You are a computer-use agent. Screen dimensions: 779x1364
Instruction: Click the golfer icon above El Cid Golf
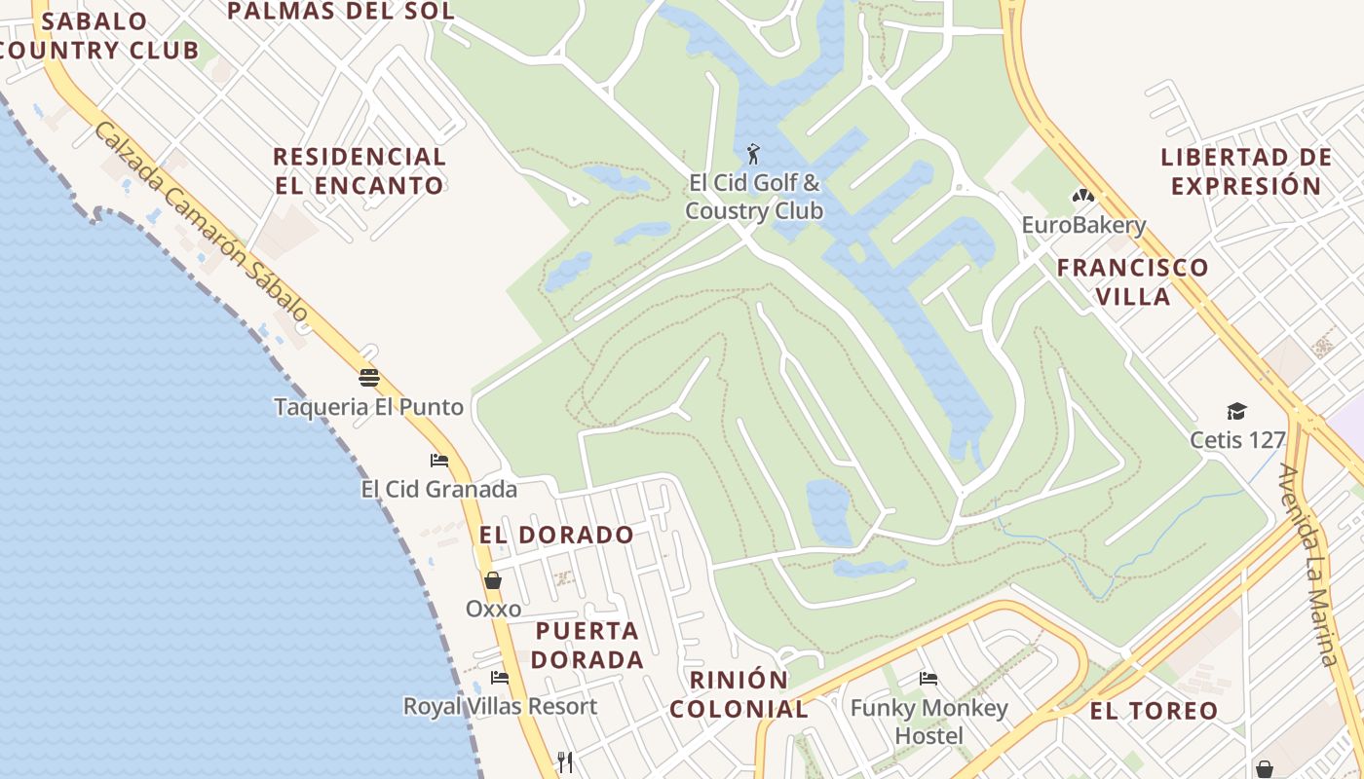(753, 154)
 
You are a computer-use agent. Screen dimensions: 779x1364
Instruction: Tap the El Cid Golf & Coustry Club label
(754, 197)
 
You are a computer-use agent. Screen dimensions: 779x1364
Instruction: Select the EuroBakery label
(1083, 225)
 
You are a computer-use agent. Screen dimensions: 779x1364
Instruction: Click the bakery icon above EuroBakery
(1082, 196)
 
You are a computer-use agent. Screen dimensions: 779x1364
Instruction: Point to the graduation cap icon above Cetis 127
(1236, 411)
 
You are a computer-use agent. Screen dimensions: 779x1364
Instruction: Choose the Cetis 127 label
(1237, 440)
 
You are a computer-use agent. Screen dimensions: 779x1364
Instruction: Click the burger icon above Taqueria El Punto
(368, 378)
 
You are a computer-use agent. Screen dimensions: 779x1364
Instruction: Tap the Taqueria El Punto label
(368, 407)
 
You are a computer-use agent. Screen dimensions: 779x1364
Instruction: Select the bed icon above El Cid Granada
(439, 460)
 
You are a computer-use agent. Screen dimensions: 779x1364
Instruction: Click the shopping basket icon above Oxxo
(493, 580)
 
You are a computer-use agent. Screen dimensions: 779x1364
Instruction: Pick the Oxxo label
(493, 609)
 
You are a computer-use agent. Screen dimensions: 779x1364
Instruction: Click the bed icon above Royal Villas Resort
(500, 677)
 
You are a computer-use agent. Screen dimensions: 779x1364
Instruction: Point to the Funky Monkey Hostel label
(928, 722)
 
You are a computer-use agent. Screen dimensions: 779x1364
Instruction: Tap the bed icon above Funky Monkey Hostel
(928, 679)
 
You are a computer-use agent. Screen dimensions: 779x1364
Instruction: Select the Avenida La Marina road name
(1311, 565)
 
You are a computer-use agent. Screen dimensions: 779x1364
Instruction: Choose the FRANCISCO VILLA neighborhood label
(1133, 281)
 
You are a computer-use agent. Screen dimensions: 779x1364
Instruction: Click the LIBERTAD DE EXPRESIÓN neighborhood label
(1246, 171)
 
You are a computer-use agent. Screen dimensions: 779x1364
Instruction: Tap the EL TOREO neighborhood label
(1154, 711)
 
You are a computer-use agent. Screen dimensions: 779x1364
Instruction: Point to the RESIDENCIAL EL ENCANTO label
(359, 170)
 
